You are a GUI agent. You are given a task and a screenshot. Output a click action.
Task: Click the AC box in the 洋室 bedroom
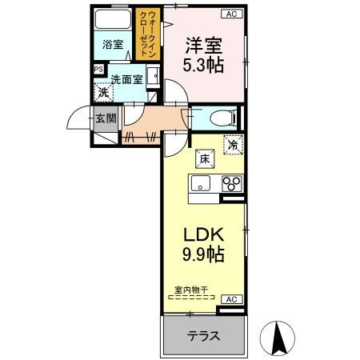(232, 14)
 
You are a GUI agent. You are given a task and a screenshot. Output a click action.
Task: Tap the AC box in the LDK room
(232, 299)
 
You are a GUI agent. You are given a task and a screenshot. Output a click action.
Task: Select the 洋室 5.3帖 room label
(203, 55)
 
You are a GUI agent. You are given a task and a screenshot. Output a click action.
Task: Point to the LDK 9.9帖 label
(203, 245)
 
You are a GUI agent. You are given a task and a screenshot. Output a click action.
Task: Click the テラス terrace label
(204, 336)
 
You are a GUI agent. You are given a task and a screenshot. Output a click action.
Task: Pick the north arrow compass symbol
(278, 338)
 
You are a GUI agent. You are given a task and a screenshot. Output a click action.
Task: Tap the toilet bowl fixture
(223, 118)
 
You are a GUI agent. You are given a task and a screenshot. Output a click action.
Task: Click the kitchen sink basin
(201, 183)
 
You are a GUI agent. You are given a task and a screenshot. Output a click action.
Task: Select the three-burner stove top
(232, 183)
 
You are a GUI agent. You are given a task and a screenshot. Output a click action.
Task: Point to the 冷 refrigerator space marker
(234, 145)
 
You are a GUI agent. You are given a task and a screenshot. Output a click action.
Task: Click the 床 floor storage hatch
(205, 159)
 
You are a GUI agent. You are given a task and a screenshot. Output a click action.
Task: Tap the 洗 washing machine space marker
(103, 92)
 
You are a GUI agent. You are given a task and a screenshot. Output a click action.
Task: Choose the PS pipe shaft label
(98, 70)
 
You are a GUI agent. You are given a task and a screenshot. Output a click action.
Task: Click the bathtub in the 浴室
(113, 19)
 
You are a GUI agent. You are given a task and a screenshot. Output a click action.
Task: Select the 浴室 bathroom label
(113, 44)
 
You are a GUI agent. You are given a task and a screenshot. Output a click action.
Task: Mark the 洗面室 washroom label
(127, 79)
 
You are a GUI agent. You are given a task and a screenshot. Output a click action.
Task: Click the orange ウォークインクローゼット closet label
(147, 34)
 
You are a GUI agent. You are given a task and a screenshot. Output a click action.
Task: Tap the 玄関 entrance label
(106, 118)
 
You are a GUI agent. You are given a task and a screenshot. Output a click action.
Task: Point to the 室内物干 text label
(191, 290)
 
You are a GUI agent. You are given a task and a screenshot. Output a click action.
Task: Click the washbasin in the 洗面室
(153, 76)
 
